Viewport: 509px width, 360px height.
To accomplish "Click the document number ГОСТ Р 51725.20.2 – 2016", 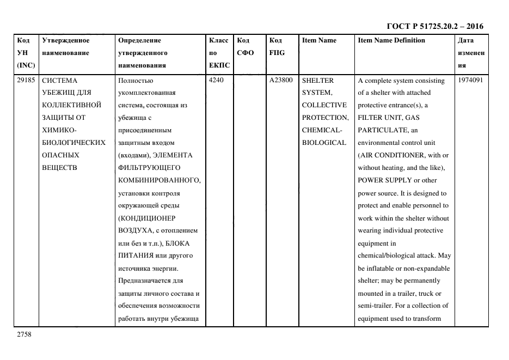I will coord(434,26).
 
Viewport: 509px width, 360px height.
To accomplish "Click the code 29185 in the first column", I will coord(26,81).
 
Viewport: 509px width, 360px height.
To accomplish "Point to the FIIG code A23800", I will coord(281,81).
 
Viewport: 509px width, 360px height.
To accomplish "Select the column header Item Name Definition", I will coord(391,40).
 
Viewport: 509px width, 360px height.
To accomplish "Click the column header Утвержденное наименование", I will coord(66,46).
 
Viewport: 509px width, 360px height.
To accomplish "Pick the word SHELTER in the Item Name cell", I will coord(317,81).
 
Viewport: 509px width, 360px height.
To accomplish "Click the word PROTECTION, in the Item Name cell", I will coord(325,118).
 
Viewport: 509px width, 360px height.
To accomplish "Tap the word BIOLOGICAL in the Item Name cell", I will coord(324,143).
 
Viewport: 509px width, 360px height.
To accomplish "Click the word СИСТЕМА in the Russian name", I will coord(60,81).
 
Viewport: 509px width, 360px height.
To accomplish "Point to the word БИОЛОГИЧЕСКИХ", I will coord(73,143).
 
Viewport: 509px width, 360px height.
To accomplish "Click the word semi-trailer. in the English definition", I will coord(378,306).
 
